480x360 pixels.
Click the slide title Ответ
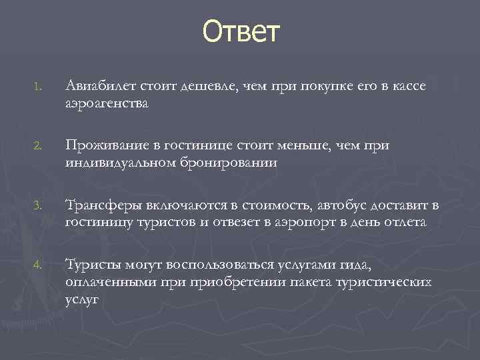[242, 31]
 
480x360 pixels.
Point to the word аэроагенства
[107, 103]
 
